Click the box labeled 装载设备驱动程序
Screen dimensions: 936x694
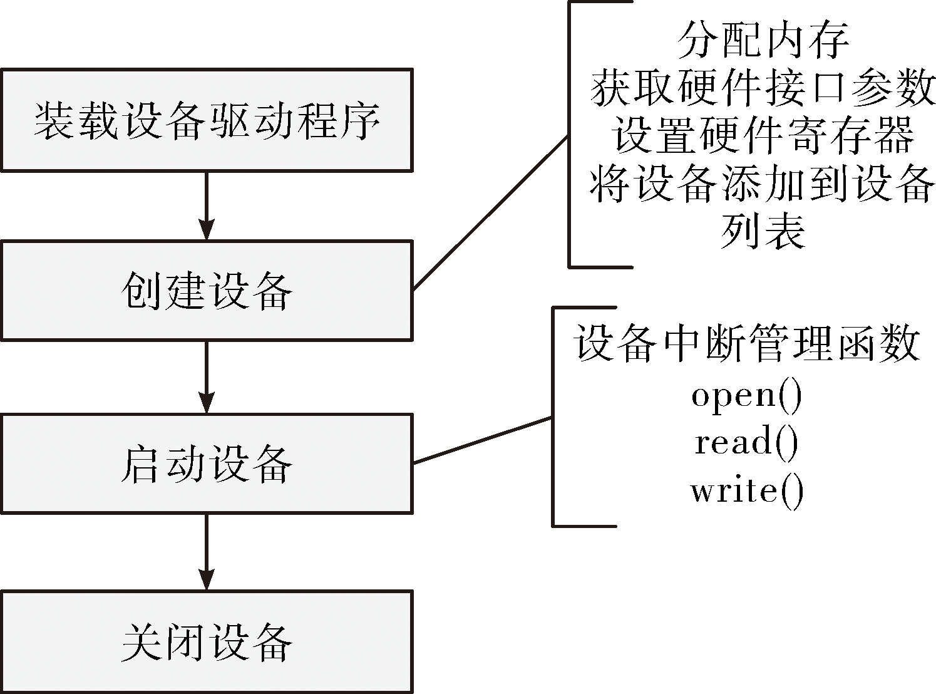207,120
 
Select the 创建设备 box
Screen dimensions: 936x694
207,291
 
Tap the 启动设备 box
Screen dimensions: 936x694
207,464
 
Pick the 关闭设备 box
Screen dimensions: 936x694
207,641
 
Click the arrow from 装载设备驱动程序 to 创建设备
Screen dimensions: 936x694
207,206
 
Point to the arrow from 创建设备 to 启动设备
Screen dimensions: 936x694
207,377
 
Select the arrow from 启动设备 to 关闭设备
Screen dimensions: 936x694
207,552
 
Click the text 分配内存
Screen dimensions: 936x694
763,39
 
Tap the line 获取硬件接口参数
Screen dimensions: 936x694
763,88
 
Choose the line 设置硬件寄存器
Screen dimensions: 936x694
763,135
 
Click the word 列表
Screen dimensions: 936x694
763,230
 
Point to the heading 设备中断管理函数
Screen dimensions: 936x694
747,343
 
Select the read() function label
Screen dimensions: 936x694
747,443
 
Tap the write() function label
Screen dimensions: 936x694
747,491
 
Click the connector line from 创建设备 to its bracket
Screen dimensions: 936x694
490,213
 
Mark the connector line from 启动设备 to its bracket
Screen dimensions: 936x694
483,440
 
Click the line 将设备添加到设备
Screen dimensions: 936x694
763,184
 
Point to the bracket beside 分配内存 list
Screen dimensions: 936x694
570,134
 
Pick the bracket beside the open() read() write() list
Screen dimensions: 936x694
553,417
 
